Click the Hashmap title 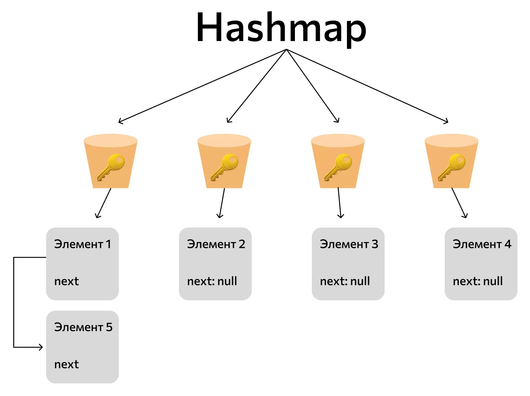281,29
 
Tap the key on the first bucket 111,167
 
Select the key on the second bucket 224,167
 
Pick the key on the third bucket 338,167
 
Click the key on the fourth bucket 452,167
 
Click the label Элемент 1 83,244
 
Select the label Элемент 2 216,244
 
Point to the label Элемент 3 349,244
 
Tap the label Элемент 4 482,244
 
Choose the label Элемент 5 83,327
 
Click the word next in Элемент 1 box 66,281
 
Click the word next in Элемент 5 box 66,364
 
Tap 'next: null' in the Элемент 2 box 212,281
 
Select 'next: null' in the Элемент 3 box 345,281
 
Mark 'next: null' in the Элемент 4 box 478,281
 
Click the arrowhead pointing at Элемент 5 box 41,347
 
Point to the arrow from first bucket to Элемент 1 104,203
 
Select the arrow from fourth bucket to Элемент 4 460,203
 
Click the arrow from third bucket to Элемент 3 340,203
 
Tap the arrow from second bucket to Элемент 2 222,203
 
